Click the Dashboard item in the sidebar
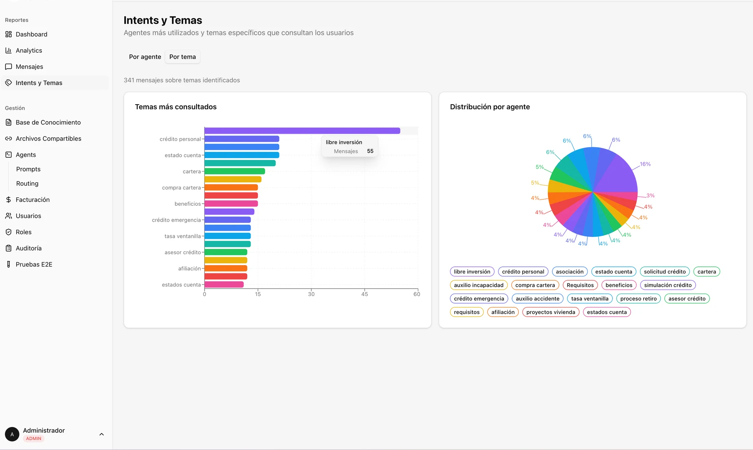[x=31, y=34]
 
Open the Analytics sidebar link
[x=29, y=51]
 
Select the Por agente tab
[x=145, y=57]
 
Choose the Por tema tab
[x=182, y=57]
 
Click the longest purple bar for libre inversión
[x=302, y=131]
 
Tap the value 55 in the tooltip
[x=370, y=151]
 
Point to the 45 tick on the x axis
[x=364, y=294]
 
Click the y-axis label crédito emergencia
[x=176, y=220]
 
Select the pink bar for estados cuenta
[x=224, y=285]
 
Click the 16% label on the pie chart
[x=645, y=164]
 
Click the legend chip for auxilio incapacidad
[x=479, y=285]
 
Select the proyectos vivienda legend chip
[x=551, y=312]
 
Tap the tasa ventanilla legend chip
[x=589, y=299]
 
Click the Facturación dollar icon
[x=8, y=200]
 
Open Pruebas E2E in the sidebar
[x=34, y=265]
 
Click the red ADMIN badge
[x=33, y=439]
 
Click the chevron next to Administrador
[x=101, y=435]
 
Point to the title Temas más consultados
[x=176, y=107]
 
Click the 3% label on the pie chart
[x=651, y=196]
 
